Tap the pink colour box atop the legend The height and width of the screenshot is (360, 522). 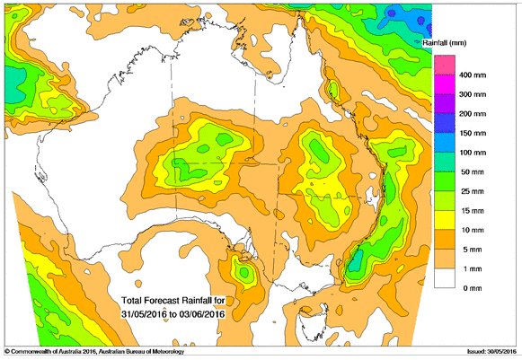[445, 64]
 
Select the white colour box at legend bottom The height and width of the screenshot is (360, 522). [445, 278]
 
